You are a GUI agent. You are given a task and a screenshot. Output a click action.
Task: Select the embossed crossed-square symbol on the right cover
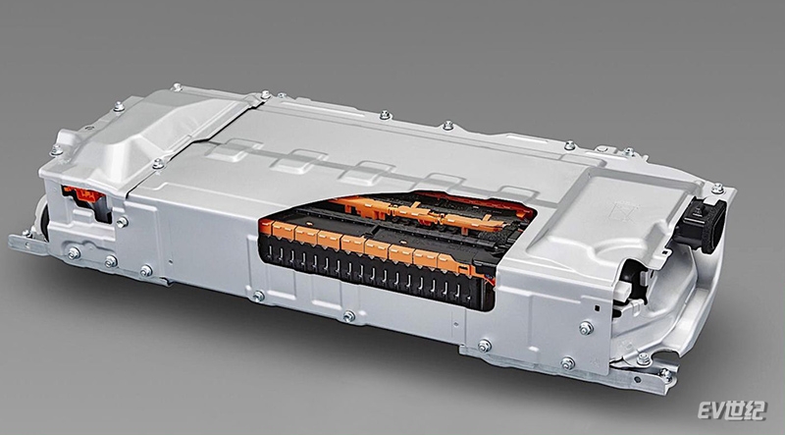tap(623, 211)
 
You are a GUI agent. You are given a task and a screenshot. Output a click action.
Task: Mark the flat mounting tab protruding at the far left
tap(27, 244)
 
